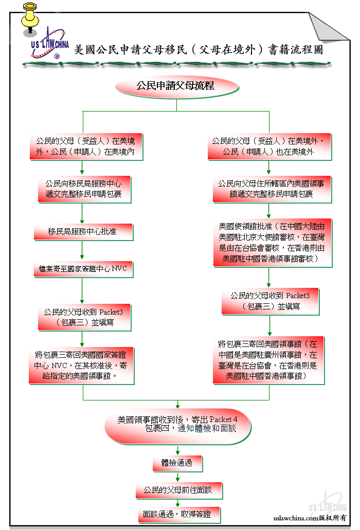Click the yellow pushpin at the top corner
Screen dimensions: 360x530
pyautogui.click(x=30, y=17)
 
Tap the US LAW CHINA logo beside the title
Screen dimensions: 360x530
pyautogui.click(x=49, y=44)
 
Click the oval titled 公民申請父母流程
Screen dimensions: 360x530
pyautogui.click(x=177, y=86)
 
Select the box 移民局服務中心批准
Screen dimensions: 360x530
pyautogui.click(x=83, y=232)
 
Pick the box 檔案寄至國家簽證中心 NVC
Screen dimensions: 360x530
pyautogui.click(x=83, y=269)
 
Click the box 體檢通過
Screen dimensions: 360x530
pyautogui.click(x=177, y=463)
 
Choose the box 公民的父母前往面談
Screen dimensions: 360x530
pyautogui.click(x=179, y=490)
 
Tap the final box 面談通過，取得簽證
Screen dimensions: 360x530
pyautogui.click(x=179, y=515)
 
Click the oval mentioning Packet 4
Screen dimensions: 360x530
pyautogui.click(x=178, y=426)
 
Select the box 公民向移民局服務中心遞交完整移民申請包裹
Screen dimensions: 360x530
pyautogui.click(x=84, y=189)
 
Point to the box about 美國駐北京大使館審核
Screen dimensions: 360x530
pyautogui.click(x=273, y=243)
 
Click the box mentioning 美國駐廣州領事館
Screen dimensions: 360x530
pyautogui.click(x=269, y=360)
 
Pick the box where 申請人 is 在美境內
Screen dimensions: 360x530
pyautogui.click(x=86, y=147)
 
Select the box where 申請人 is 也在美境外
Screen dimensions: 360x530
pyautogui.click(x=269, y=147)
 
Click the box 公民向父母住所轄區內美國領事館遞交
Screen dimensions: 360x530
pyautogui.click(x=272, y=189)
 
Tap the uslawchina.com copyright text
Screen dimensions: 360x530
pyautogui.click(x=310, y=518)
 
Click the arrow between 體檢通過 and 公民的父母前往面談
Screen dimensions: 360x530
pyautogui.click(x=177, y=477)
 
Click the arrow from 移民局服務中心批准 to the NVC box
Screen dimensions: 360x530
pyautogui.click(x=82, y=250)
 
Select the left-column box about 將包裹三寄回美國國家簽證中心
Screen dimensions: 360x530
pyautogui.click(x=81, y=366)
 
